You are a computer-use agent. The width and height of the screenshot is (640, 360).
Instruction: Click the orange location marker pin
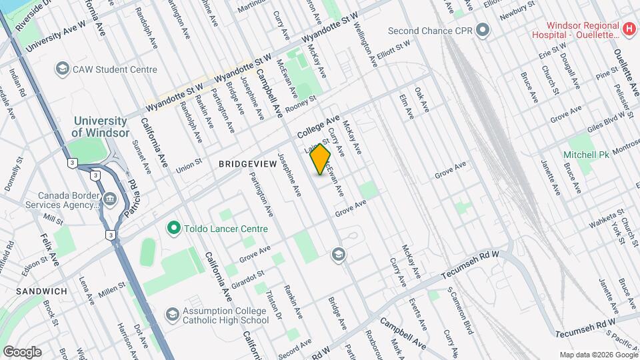pos(321,160)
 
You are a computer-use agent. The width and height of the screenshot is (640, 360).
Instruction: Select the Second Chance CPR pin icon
pos(484,31)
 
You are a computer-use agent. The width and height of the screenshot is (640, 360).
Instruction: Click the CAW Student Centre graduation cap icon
pos(62,69)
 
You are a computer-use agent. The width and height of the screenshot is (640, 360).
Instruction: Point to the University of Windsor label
pos(100,127)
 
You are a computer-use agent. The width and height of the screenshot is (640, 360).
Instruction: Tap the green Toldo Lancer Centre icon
pos(174,229)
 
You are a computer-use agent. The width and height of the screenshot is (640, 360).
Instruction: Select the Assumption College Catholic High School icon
pos(173,313)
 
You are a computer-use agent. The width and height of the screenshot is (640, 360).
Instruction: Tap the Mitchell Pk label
pos(587,155)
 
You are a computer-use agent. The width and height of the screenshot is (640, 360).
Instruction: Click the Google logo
pos(21,351)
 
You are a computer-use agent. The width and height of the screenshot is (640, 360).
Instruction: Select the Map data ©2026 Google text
pos(597,355)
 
